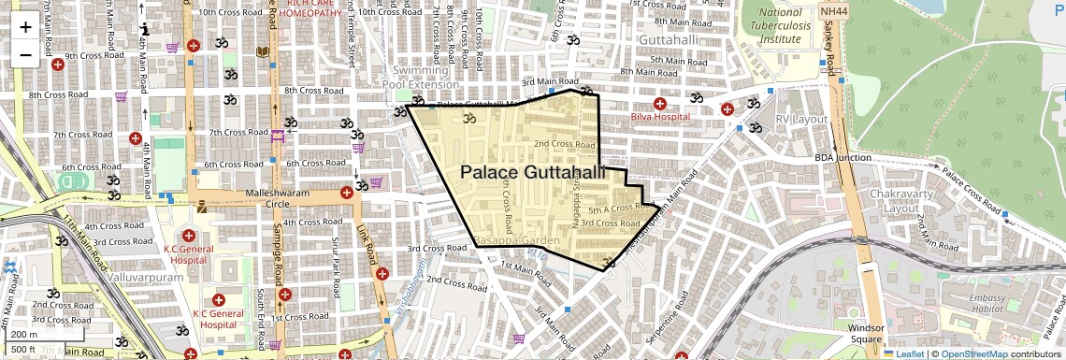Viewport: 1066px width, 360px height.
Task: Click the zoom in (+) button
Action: coord(25,27)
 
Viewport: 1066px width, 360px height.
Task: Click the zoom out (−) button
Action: coord(25,54)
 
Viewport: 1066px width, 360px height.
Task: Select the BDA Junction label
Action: coord(843,158)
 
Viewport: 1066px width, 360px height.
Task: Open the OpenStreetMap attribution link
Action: coord(973,353)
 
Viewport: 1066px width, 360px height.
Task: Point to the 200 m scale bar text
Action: coord(24,334)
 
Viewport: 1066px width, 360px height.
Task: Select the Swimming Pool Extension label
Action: coord(425,78)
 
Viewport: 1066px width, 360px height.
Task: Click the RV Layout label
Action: coord(802,120)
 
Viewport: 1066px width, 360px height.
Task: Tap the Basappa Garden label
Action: coord(516,241)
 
